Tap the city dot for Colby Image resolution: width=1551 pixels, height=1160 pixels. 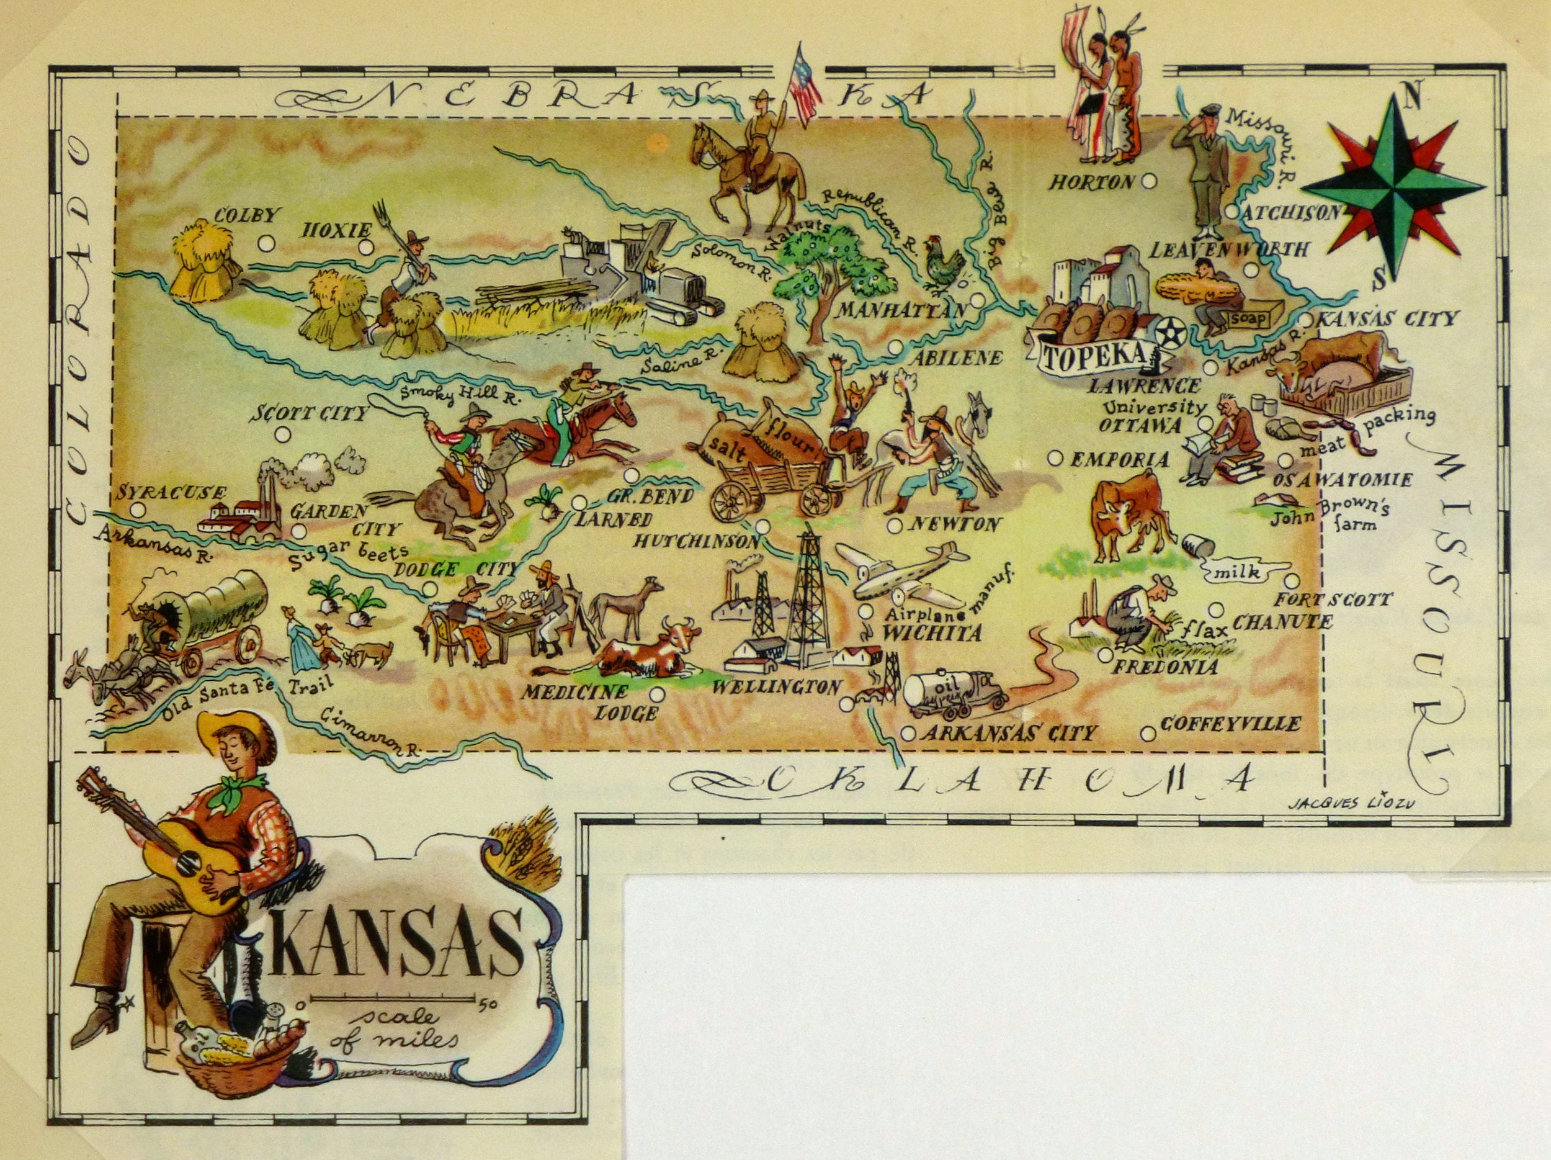tap(265, 243)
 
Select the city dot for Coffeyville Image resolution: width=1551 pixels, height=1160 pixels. tap(1147, 734)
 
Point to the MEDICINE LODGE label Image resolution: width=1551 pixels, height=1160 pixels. tap(603, 703)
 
